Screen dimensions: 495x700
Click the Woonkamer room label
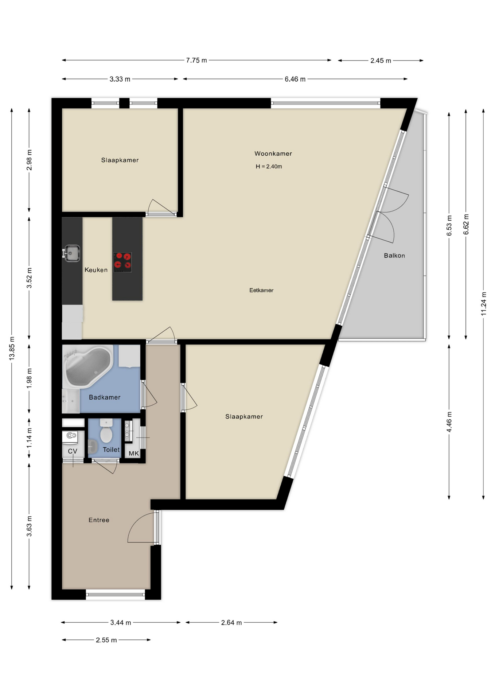click(x=273, y=153)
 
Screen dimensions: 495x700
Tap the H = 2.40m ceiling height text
click(x=269, y=167)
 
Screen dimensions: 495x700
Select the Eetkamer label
click(x=261, y=290)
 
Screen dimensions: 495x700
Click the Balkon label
click(x=394, y=256)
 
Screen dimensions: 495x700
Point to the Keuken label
click(x=96, y=270)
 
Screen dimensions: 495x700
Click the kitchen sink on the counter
click(x=72, y=253)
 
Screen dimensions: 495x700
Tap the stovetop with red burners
click(x=122, y=262)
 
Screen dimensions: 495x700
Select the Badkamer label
click(x=105, y=397)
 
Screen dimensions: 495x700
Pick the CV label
click(x=73, y=451)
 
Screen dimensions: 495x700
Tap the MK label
click(x=134, y=453)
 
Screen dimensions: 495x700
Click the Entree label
click(x=99, y=520)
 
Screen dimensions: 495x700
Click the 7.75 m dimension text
click(x=196, y=60)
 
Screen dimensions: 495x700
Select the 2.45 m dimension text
click(x=381, y=61)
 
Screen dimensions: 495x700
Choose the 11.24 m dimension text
click(x=483, y=303)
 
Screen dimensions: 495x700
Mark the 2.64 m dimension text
click(x=231, y=622)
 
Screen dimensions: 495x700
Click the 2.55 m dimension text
click(x=106, y=640)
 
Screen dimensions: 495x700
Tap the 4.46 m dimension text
click(x=449, y=422)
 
